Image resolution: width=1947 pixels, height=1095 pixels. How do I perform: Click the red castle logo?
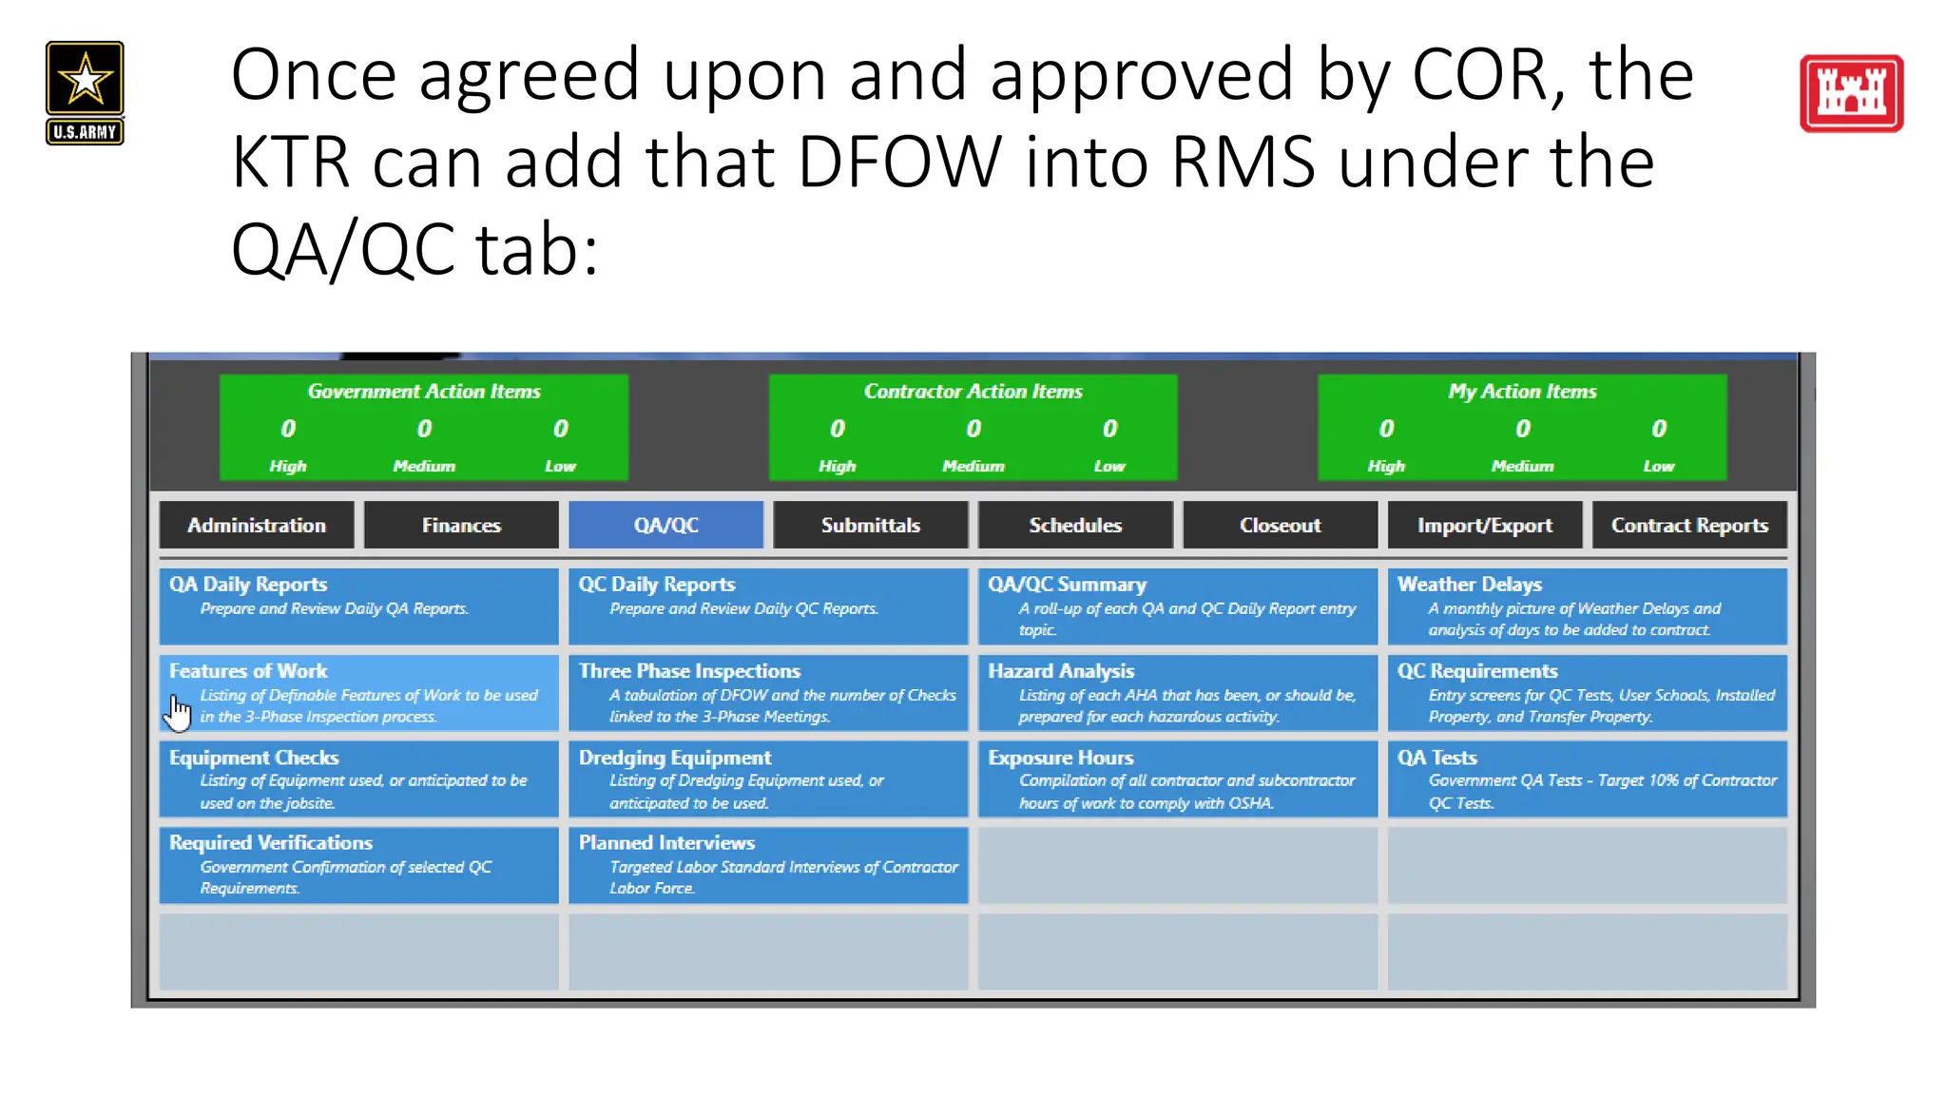pyautogui.click(x=1851, y=93)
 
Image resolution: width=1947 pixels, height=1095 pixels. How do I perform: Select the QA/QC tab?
pyautogui.click(x=665, y=525)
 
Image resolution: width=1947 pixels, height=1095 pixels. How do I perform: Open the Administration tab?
pyautogui.click(x=257, y=525)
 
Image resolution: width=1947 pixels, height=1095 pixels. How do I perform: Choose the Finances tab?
pyautogui.click(x=461, y=525)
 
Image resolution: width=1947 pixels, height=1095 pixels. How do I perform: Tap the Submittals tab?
pyautogui.click(x=871, y=525)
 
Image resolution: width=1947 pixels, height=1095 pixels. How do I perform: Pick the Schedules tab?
pyautogui.click(x=1075, y=525)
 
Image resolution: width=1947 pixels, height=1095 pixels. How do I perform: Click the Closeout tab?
pyautogui.click(x=1280, y=525)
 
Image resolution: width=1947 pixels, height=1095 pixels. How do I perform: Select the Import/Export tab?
pyautogui.click(x=1484, y=525)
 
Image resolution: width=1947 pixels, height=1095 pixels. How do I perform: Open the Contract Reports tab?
pyautogui.click(x=1689, y=525)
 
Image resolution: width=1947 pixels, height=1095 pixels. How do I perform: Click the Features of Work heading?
pyautogui.click(x=248, y=671)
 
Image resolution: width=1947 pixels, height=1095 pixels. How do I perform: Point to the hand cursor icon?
pyautogui.click(x=178, y=712)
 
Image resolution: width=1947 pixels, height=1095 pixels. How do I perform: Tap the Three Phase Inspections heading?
pyautogui.click(x=689, y=671)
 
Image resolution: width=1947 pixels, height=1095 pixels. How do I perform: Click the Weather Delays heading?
pyautogui.click(x=1469, y=585)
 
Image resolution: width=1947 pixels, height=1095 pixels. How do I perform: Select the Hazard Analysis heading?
pyautogui.click(x=1061, y=671)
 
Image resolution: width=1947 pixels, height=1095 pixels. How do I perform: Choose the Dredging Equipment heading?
pyautogui.click(x=675, y=758)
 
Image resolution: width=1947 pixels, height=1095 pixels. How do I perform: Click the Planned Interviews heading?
pyautogui.click(x=666, y=843)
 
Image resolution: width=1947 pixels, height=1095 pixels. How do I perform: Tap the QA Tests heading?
pyautogui.click(x=1436, y=758)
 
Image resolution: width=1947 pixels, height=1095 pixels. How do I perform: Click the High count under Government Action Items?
pyautogui.click(x=288, y=430)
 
